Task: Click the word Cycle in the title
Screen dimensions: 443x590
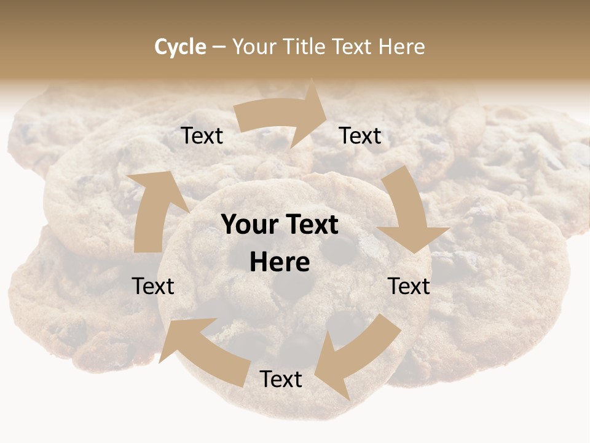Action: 180,47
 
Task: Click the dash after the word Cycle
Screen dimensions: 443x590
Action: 219,47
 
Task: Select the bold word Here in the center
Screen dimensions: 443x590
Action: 280,263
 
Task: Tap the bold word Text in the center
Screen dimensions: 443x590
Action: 312,225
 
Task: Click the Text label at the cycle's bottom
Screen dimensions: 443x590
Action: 281,380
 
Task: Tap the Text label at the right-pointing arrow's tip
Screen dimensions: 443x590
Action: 360,136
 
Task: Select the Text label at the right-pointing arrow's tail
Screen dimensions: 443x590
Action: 202,136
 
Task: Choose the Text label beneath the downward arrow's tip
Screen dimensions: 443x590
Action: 409,286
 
